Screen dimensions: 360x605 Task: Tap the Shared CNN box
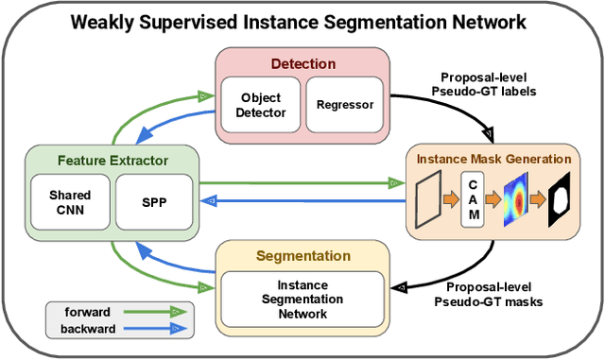(70, 201)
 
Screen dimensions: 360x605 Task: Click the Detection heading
(302, 64)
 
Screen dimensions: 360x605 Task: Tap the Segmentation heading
(302, 256)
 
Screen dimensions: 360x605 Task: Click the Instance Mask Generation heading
(493, 159)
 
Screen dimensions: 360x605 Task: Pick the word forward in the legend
(86, 311)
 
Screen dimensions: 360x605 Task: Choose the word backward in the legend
(86, 329)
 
